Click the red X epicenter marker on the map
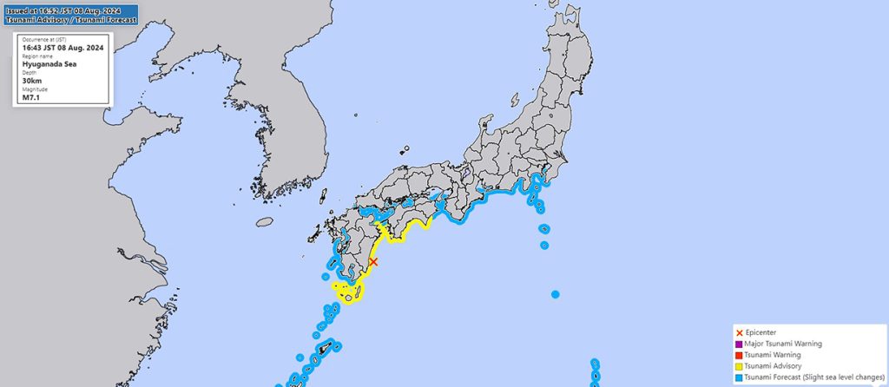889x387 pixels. point(373,261)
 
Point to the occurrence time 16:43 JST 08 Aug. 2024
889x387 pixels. point(64,48)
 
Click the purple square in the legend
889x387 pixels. point(739,344)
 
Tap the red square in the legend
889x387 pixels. point(739,355)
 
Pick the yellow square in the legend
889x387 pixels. point(739,366)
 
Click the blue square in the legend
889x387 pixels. point(739,377)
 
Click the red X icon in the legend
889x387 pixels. point(739,332)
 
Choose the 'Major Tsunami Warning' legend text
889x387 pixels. point(784,344)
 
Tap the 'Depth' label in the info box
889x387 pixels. point(30,73)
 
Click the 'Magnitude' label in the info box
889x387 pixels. point(35,89)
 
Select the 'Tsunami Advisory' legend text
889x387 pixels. point(776,366)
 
